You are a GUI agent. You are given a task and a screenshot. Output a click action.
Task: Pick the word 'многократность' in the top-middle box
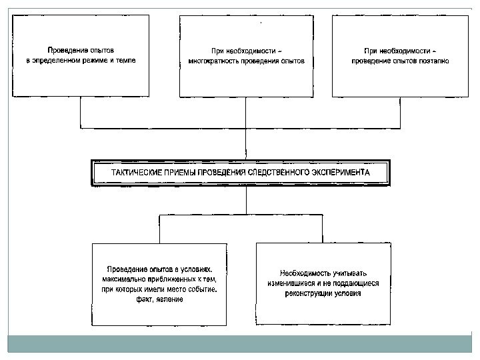(213, 60)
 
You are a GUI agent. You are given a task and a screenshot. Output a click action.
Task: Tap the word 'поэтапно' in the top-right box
(433, 60)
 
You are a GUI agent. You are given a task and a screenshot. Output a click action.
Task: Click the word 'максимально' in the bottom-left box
(123, 278)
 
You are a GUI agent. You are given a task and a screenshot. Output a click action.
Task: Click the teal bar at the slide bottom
(240, 344)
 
